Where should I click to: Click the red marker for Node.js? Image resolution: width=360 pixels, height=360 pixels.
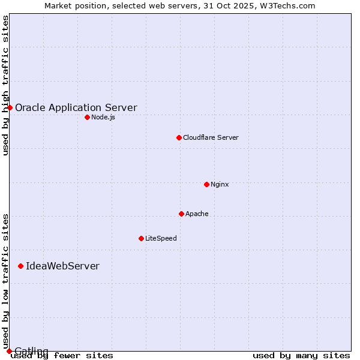87,117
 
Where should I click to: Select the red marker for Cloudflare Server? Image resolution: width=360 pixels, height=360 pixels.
179,137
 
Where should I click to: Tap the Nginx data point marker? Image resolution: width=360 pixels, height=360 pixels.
206,184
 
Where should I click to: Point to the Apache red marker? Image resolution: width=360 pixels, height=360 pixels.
181,214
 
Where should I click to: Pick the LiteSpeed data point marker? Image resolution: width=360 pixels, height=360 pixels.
141,238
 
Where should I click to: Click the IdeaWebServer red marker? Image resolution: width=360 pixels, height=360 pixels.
20,266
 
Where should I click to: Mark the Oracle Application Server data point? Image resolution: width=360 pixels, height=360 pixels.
10,107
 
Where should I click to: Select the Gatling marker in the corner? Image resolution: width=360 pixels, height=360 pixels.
9,351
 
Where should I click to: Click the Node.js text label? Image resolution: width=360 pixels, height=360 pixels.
103,117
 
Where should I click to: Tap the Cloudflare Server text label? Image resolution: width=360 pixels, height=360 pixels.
211,137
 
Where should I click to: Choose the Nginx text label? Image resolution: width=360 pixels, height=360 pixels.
220,184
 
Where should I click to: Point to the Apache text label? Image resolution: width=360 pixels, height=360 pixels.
197,214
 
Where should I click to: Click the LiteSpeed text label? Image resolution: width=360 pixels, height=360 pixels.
161,238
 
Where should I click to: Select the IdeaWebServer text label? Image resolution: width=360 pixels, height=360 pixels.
62,266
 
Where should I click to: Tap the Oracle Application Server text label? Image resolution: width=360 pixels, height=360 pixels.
76,108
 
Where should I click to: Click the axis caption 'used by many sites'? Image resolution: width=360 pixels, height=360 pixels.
301,355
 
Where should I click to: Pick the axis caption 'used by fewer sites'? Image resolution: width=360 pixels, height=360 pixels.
62,355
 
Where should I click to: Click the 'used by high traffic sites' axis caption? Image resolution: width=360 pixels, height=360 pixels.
6,85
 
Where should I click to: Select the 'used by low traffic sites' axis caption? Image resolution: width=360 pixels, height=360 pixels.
6,281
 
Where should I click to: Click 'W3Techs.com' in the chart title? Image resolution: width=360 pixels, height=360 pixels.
291,5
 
